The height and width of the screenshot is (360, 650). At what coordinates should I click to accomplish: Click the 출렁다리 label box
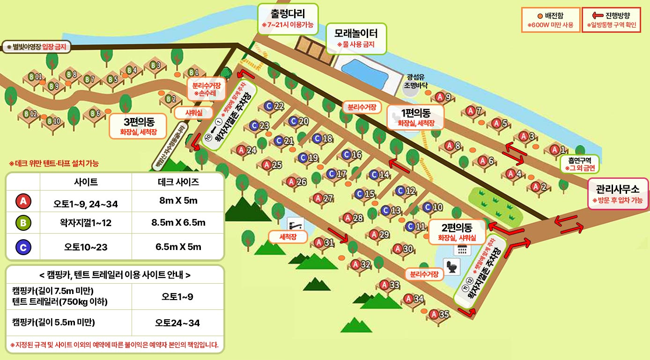pos(288,19)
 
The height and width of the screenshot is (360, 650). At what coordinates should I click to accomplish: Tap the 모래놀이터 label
pos(356,38)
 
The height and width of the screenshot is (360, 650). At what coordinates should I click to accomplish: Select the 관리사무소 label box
pos(618,194)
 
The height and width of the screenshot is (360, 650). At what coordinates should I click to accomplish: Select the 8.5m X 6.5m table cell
pos(178,223)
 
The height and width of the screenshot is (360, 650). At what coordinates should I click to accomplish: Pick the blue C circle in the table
pos(23,246)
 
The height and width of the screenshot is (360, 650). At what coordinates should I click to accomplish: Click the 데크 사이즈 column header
pos(178,182)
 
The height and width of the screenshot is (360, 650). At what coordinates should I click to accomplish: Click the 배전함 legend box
pos(551,20)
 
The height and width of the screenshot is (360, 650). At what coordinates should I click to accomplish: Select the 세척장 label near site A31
pos(288,237)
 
